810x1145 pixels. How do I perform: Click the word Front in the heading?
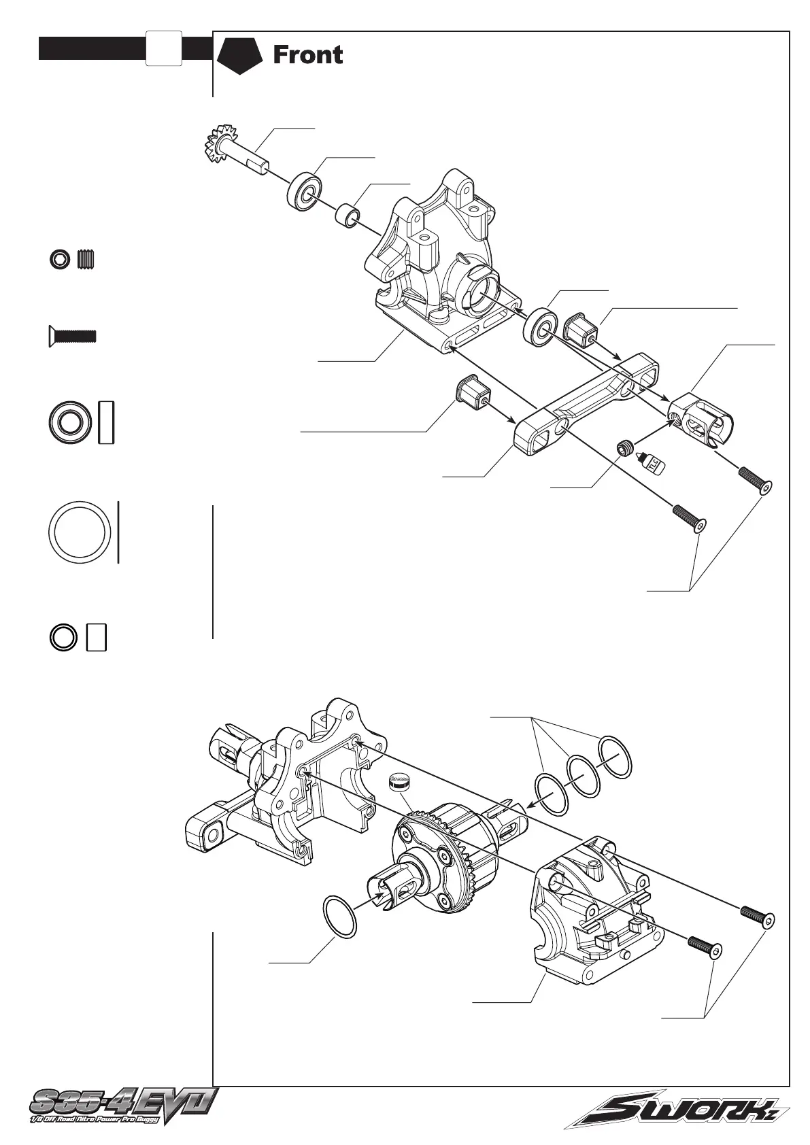click(307, 55)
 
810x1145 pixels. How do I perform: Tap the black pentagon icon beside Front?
click(239, 55)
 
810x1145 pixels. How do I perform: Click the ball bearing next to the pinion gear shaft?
click(303, 193)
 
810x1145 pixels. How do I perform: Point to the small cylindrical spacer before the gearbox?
click(348, 217)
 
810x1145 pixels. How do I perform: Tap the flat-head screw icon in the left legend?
click(71, 336)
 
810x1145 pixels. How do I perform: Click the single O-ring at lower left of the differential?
click(340, 917)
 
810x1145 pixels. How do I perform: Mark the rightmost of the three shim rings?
click(615, 756)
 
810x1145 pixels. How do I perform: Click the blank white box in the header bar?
click(163, 48)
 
